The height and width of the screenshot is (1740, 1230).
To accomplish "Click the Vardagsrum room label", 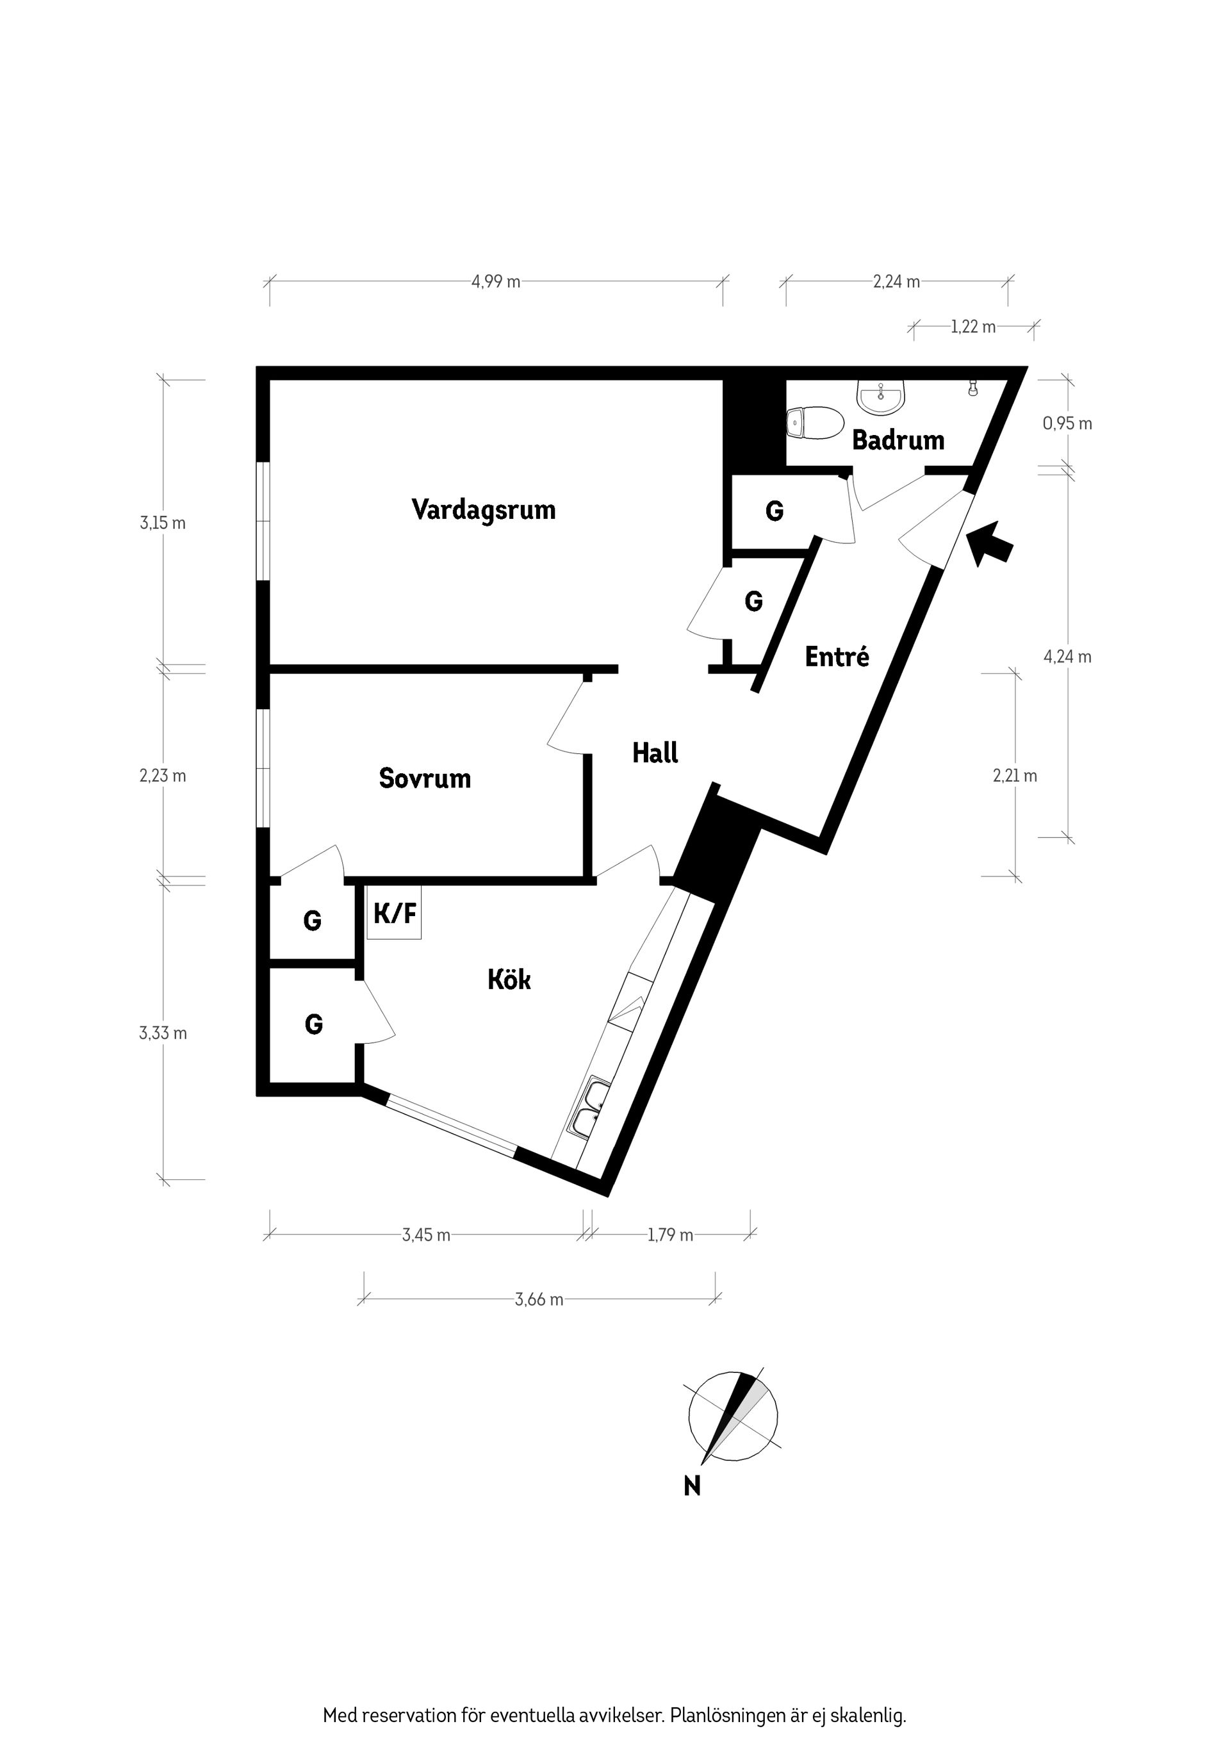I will point(484,509).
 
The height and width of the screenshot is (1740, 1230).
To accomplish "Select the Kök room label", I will point(509,980).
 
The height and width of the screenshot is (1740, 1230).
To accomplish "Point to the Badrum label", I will point(898,439).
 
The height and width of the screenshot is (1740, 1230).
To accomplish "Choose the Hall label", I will point(655,753).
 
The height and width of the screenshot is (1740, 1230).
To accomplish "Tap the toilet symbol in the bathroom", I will point(815,423).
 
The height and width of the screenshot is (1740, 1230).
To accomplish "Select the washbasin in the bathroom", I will point(881,397).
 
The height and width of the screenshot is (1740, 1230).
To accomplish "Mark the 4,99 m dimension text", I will point(496,282).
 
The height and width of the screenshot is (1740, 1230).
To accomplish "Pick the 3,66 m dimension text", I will point(539,1300).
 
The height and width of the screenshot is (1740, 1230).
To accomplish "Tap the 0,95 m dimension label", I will point(1067,423).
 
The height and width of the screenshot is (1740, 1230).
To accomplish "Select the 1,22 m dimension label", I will point(973,327).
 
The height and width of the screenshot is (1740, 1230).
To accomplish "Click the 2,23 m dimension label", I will point(162,776).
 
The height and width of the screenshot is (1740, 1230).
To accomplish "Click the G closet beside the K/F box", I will point(312,921).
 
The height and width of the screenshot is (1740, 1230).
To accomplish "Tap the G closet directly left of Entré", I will point(753,601).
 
